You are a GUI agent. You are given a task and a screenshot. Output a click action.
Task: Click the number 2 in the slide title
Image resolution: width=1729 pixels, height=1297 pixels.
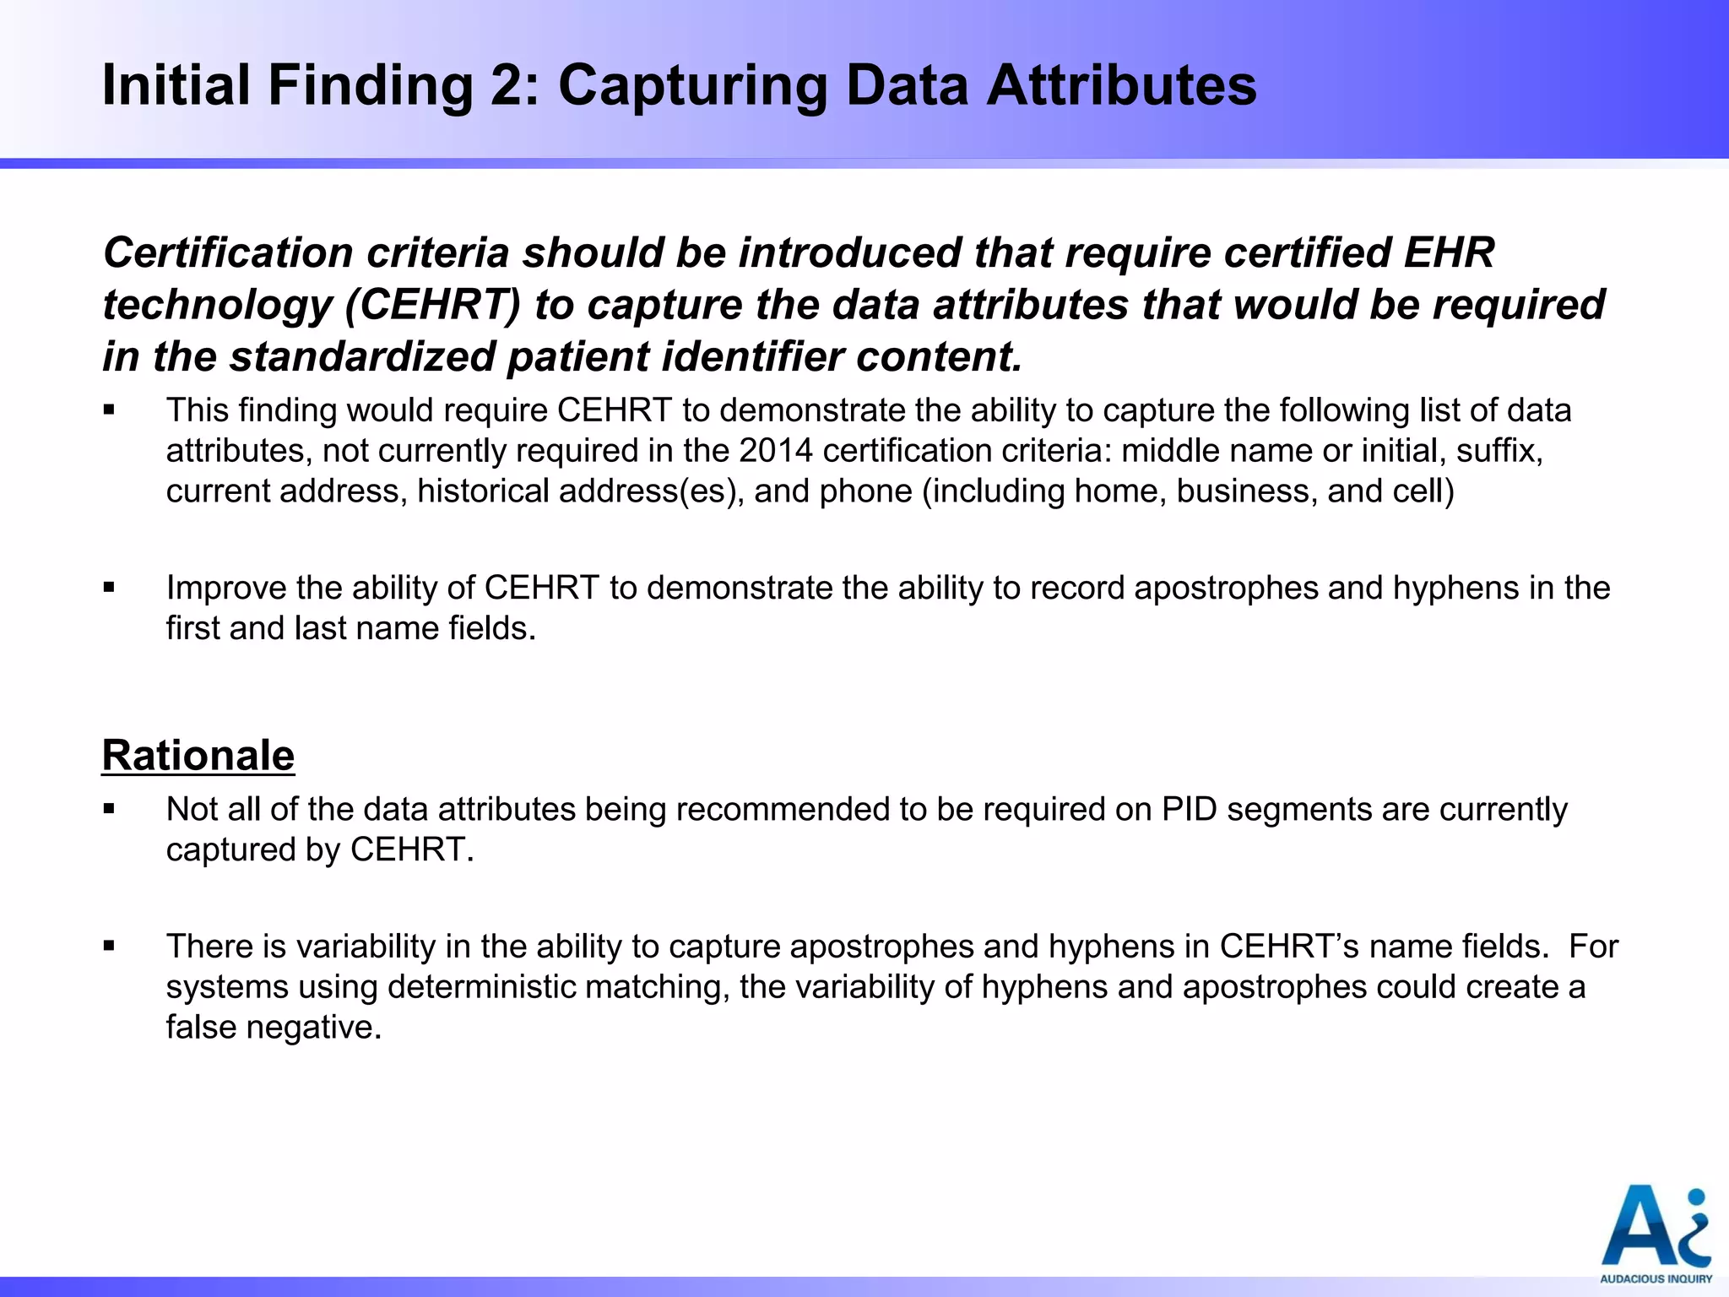507,86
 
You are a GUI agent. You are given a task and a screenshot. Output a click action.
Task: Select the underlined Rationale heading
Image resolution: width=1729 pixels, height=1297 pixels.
198,755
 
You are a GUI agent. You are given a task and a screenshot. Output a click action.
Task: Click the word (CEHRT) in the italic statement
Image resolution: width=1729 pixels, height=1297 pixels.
433,305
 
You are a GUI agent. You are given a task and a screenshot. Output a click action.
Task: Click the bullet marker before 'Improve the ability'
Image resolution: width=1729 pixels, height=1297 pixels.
109,588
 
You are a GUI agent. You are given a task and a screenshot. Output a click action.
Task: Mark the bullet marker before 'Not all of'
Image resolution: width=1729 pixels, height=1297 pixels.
109,809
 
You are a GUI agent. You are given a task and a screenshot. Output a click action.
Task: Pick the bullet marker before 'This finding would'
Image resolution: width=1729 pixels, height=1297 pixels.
109,410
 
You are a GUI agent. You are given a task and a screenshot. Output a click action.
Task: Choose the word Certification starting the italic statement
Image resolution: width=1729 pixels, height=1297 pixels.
228,253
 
